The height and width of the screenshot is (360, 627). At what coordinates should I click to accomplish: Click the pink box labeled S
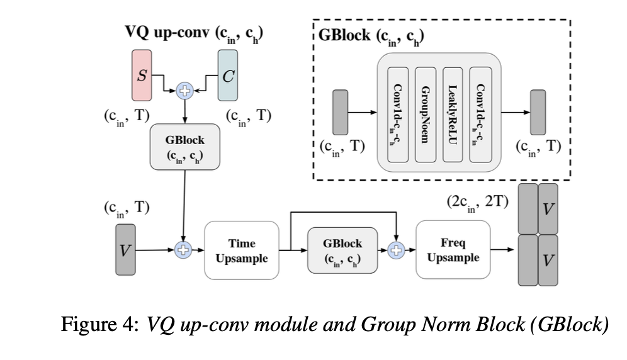point(142,76)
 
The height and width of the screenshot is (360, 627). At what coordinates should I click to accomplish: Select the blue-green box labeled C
point(229,76)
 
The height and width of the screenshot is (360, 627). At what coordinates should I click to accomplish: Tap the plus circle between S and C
point(185,90)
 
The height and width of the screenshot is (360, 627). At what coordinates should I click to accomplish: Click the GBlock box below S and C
point(184,145)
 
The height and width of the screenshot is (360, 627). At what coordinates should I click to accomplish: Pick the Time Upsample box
point(242,250)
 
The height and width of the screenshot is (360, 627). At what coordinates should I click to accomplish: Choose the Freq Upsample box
point(451,250)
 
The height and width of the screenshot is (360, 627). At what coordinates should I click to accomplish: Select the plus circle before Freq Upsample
point(396,250)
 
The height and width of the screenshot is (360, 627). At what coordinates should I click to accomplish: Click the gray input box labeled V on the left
point(125,250)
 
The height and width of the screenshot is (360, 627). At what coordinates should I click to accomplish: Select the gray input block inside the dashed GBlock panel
point(340,113)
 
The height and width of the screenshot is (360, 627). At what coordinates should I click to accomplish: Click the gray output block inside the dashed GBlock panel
point(538,113)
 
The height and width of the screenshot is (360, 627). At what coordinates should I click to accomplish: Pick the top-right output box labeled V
point(548,208)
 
